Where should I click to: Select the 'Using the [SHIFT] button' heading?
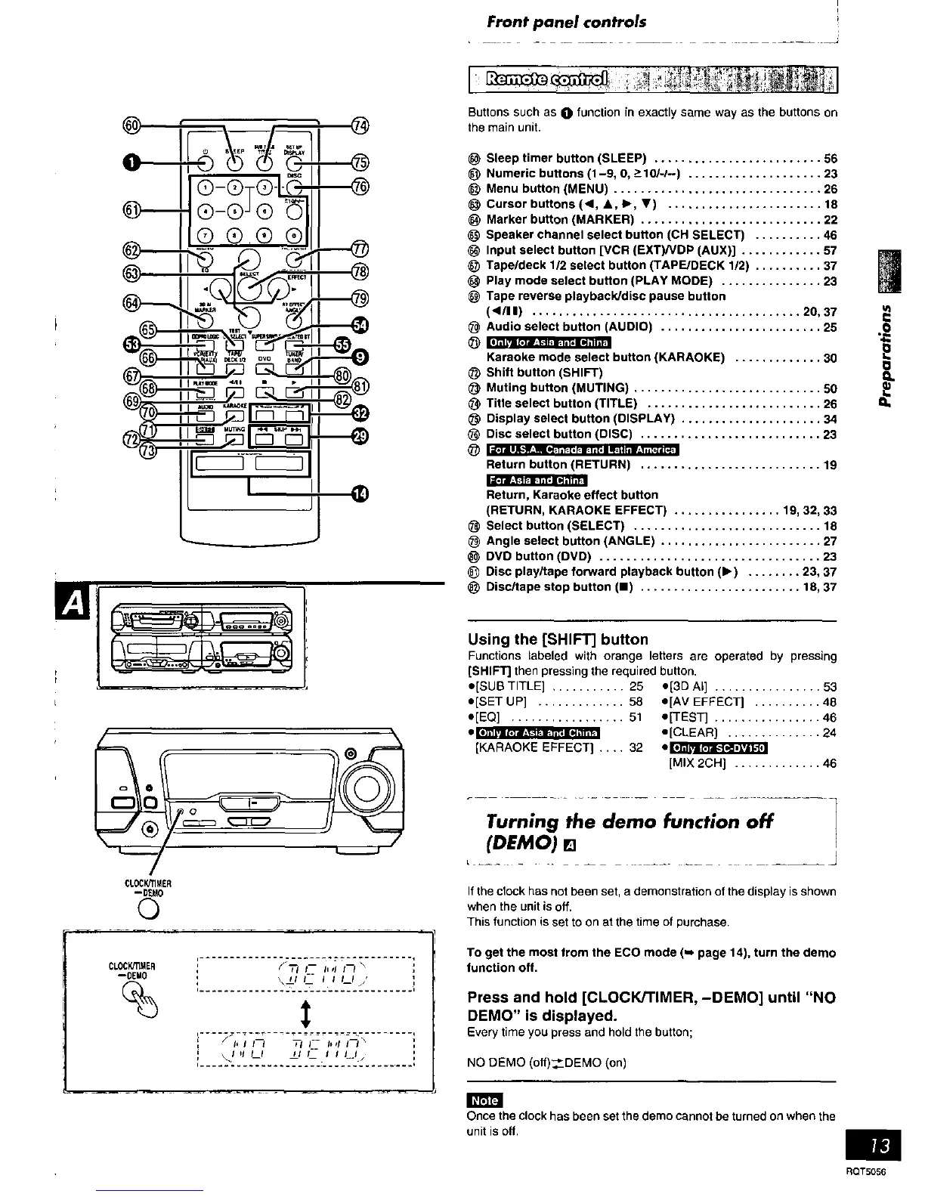(x=558, y=639)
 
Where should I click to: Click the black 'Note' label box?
(x=484, y=1101)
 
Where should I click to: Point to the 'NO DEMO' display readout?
(x=305, y=1049)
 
